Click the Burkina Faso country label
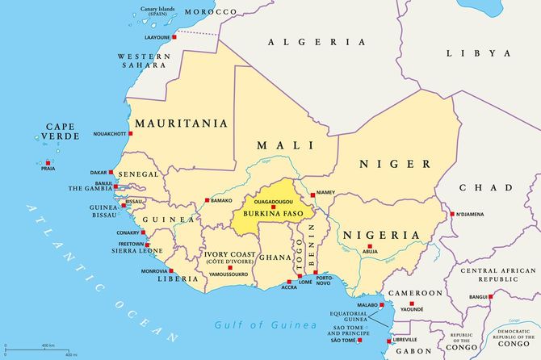(x=266, y=214)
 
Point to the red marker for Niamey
(x=312, y=195)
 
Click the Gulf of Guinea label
(x=265, y=324)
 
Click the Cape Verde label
(x=62, y=132)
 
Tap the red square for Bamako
(x=208, y=199)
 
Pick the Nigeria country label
(x=382, y=235)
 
